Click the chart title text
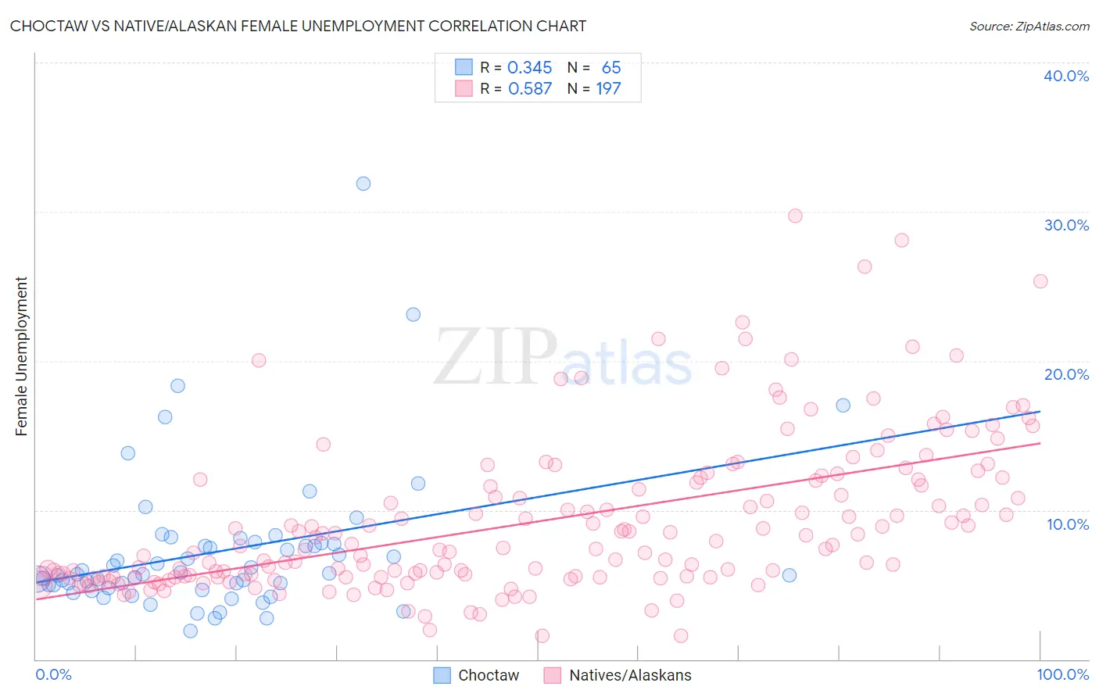(298, 26)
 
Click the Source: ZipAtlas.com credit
(1029, 26)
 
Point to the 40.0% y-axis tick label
(1066, 76)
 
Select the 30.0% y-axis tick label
(1066, 225)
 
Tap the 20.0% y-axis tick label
(1066, 374)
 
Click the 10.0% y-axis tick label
(1067, 524)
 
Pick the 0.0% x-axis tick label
(53, 674)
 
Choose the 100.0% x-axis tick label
(1062, 674)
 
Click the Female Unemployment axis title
(21, 356)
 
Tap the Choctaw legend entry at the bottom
(488, 675)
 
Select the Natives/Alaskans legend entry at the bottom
(629, 675)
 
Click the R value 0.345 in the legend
(529, 68)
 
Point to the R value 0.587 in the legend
(529, 89)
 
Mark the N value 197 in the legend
(608, 89)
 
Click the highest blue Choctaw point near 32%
(363, 184)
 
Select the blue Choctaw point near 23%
(413, 314)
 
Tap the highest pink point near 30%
(795, 216)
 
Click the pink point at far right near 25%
(1040, 281)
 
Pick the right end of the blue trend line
(1040, 411)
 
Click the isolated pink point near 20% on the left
(259, 360)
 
